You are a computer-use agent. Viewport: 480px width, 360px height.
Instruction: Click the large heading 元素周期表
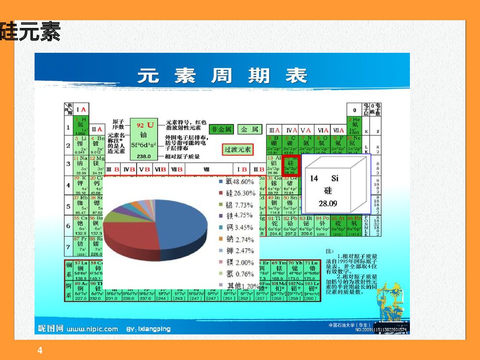[222, 76]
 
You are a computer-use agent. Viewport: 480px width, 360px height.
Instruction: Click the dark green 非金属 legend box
[221, 129]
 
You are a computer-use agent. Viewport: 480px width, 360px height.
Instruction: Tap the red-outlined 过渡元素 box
[238, 149]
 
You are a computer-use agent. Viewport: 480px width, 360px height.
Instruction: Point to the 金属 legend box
[249, 129]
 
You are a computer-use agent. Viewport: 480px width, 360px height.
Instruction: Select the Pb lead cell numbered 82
[291, 226]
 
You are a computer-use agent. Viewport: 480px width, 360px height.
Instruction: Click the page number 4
[40, 351]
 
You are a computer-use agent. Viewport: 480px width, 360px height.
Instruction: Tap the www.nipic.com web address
[92, 329]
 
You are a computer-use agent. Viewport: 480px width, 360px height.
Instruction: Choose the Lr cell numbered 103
[310, 291]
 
